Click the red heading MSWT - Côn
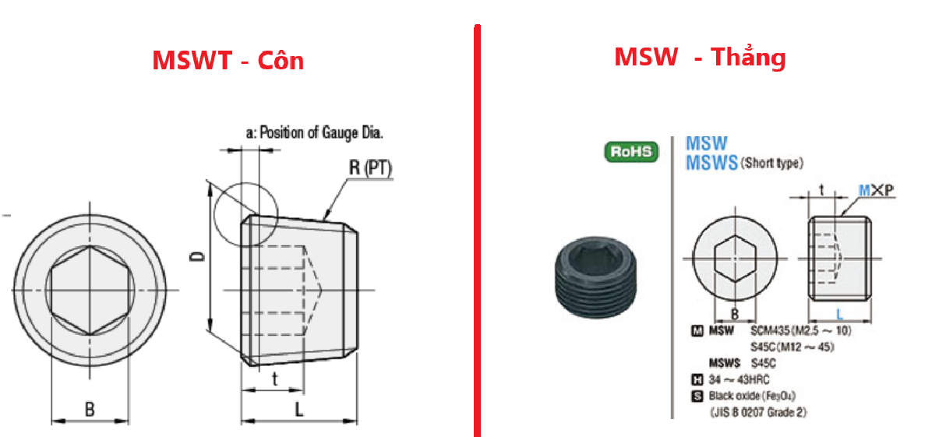point(228,61)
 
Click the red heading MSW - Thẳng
point(700,57)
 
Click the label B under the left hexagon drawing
point(90,409)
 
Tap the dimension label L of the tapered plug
point(298,409)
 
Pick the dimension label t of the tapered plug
point(274,379)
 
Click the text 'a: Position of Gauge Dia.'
point(315,132)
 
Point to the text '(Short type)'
point(771,164)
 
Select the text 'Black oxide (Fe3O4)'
point(752,396)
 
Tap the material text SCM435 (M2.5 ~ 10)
point(801,330)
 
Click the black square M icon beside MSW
point(697,331)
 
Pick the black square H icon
point(697,380)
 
